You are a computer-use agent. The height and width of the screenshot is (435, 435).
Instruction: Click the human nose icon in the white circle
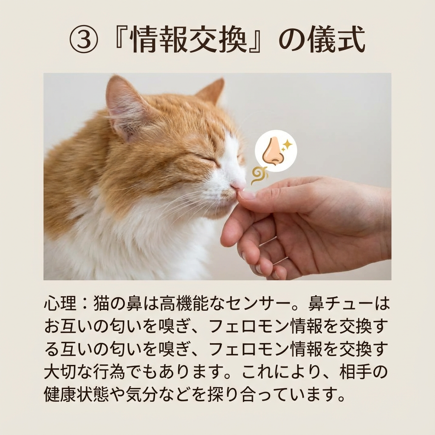click(273, 151)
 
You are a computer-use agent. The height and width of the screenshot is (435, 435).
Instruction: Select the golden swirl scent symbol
click(259, 175)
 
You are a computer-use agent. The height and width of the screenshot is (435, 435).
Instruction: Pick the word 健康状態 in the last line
click(76, 394)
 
